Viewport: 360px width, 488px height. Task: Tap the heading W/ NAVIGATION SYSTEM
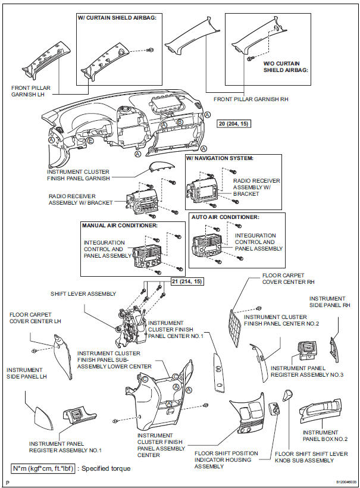[x=220, y=158]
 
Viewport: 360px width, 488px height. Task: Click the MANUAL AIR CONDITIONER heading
[x=120, y=226]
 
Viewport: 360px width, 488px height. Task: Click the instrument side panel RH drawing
[x=334, y=345]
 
